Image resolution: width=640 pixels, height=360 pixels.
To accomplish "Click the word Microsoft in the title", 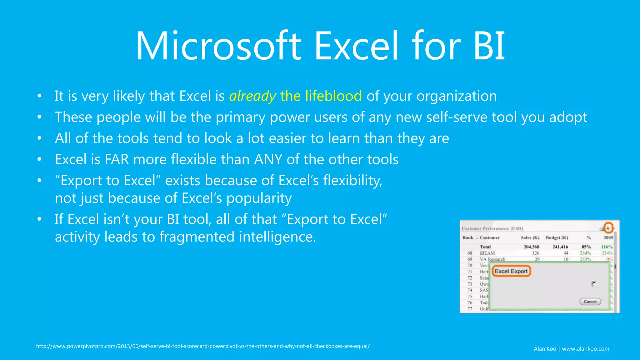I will click(218, 46).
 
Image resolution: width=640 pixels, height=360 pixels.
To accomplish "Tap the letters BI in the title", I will click(489, 46).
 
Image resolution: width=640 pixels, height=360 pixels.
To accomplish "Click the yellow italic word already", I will click(252, 96).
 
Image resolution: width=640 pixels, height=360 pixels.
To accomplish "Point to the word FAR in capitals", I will click(117, 159).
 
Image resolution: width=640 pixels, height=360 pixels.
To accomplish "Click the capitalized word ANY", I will click(268, 159).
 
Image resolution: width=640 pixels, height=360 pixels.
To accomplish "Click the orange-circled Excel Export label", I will click(511, 271).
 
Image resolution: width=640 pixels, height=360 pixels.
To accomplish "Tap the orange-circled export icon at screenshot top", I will click(608, 228).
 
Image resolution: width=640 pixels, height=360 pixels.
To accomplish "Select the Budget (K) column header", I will click(557, 238).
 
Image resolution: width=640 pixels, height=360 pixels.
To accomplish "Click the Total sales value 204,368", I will click(531, 247).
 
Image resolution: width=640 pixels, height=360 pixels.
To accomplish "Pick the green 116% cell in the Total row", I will click(607, 247).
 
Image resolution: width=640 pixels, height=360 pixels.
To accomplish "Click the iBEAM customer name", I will click(487, 253).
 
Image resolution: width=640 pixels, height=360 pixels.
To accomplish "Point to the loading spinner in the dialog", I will click(593, 284).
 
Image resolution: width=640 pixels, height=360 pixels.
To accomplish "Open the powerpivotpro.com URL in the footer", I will click(203, 346).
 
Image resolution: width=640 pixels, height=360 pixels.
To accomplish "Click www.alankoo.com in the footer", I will click(585, 349).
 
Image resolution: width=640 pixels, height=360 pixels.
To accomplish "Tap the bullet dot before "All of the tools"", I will click(39, 138).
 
